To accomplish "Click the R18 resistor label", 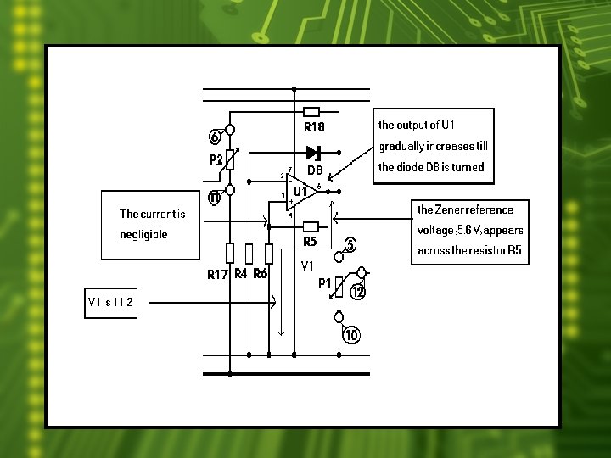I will [x=314, y=127].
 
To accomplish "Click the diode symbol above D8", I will [x=314, y=153].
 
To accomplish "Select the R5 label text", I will [x=311, y=242].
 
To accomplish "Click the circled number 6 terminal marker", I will [x=215, y=137].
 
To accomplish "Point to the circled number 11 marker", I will [x=215, y=198].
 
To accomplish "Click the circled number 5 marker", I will [x=350, y=244].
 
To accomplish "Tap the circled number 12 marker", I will [x=358, y=292].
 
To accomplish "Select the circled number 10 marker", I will [x=351, y=335].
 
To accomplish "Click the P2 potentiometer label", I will [x=216, y=159].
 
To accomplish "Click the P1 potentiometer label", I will [x=324, y=283].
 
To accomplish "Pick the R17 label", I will [x=218, y=275].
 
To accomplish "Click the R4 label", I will [x=240, y=274].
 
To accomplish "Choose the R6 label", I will [x=261, y=274].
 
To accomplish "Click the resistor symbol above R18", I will [x=311, y=112].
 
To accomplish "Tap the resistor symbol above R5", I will [x=311, y=226].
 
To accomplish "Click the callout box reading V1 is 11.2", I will [x=110, y=303].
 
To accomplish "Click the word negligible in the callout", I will [x=144, y=234].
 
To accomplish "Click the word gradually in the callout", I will [x=402, y=146].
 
